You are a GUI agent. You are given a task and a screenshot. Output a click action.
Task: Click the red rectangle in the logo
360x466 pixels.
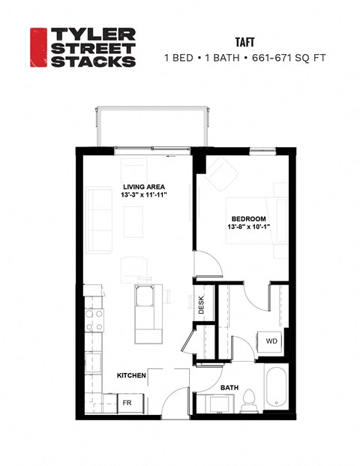tap(38, 47)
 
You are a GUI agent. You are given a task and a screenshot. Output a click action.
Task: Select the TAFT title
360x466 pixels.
tap(245, 44)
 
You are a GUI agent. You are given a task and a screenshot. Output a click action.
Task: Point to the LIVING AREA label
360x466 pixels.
tap(145, 187)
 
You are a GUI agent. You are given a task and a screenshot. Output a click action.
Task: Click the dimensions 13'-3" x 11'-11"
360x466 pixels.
tap(145, 195)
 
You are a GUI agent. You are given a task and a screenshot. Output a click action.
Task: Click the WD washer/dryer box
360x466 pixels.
tap(271, 341)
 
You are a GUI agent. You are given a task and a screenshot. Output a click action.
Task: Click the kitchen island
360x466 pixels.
tap(145, 314)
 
